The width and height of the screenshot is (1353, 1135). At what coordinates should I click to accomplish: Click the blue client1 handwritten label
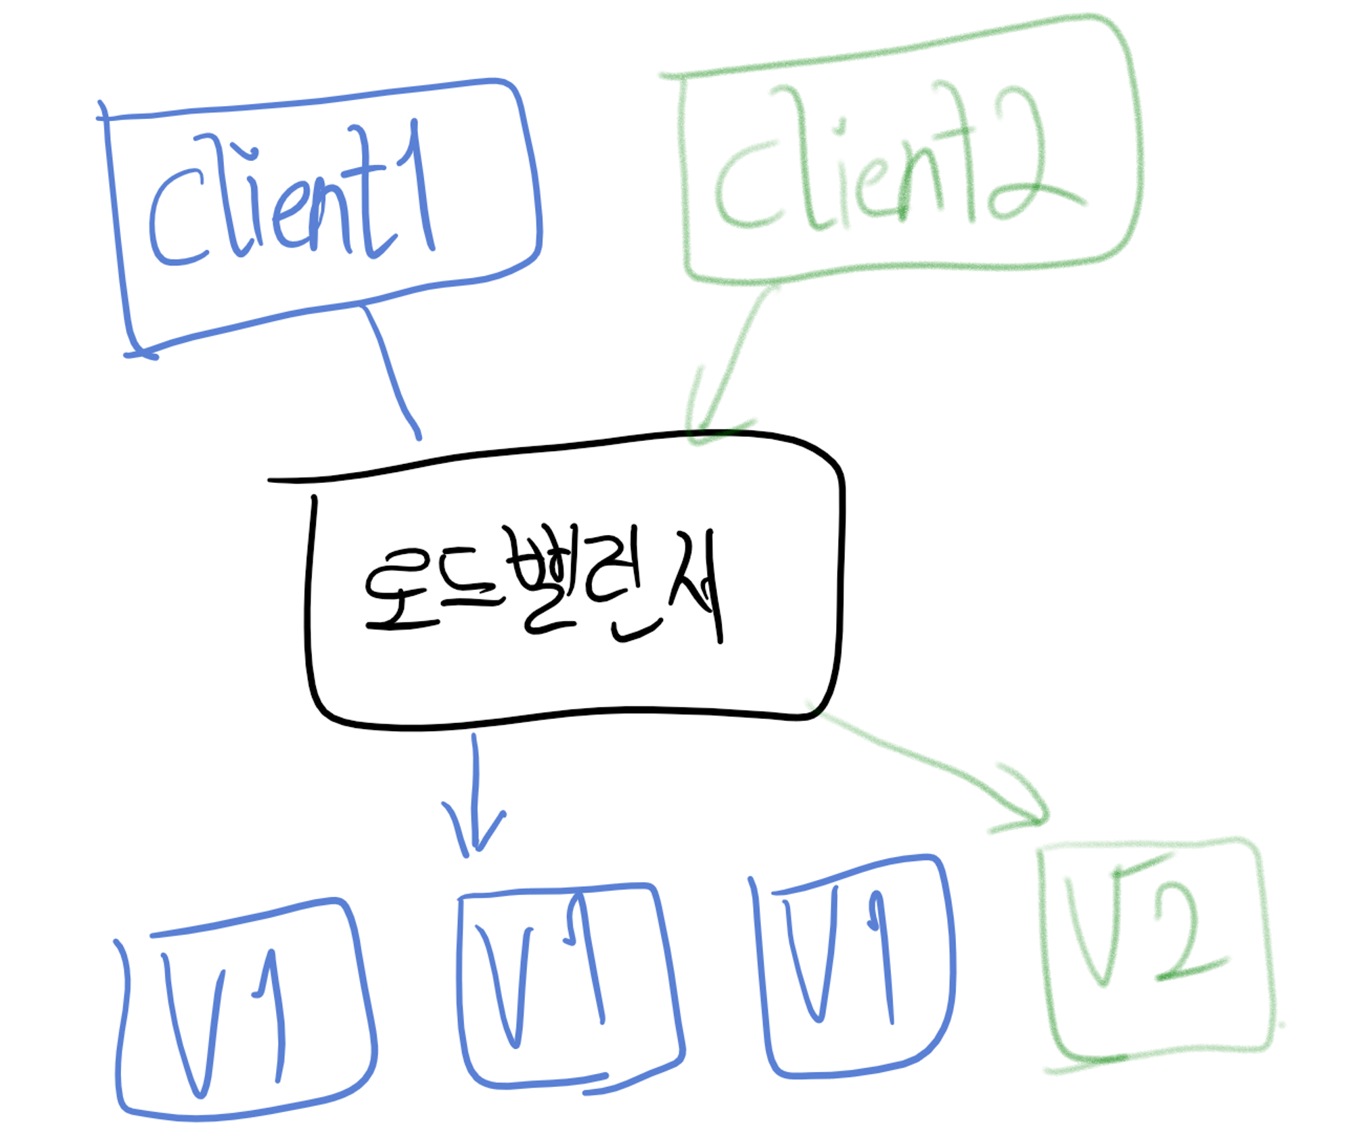[x=291, y=196]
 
